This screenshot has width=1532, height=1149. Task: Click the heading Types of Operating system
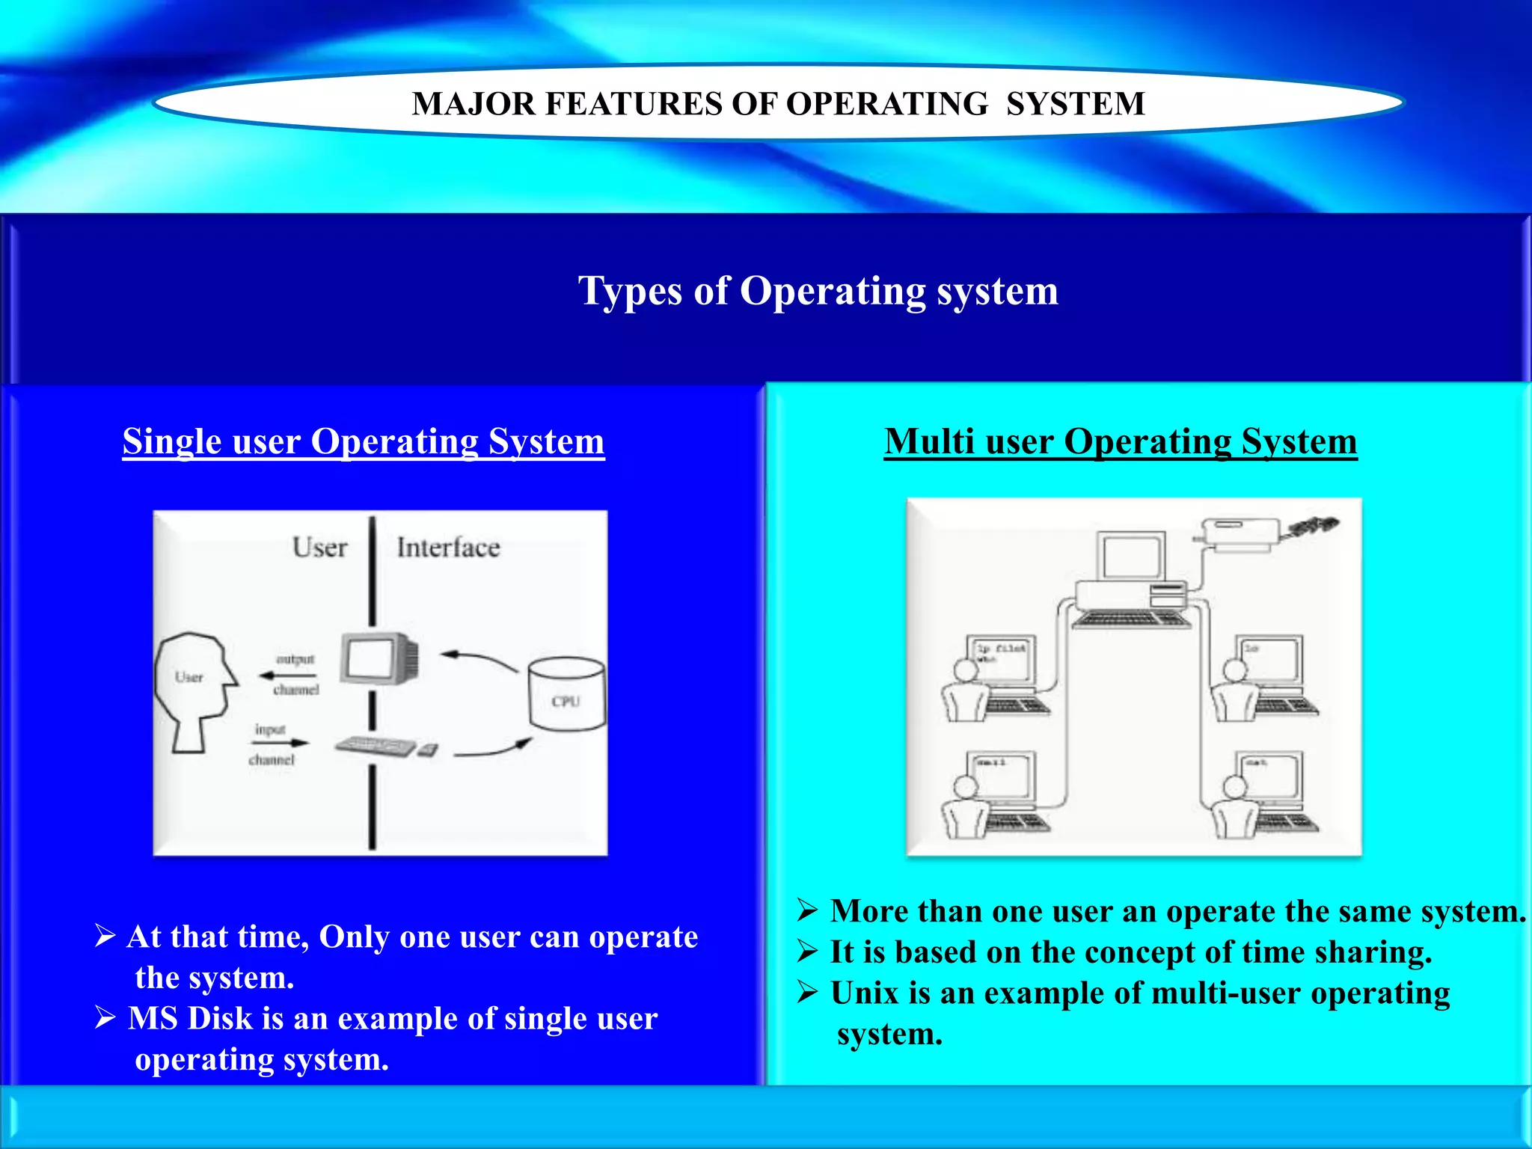tap(818, 290)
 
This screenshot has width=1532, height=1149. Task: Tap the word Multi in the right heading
tap(930, 441)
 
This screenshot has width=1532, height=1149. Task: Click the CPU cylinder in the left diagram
tap(566, 693)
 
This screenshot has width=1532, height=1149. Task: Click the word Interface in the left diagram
tap(448, 548)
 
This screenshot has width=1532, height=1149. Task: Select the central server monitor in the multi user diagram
tap(1130, 556)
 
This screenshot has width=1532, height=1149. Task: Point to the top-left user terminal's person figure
tap(966, 692)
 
